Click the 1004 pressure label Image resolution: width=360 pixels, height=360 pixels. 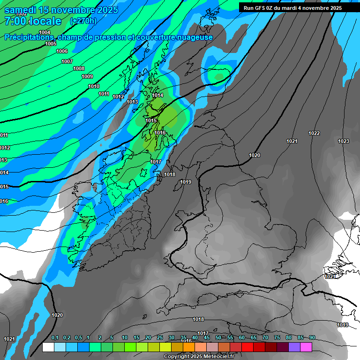[x=45, y=32]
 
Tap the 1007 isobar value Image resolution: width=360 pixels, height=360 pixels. [x=67, y=61]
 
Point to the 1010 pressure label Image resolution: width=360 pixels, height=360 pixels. [x=94, y=86]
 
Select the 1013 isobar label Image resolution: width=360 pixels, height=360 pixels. [x=132, y=102]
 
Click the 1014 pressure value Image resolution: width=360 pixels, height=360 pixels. [x=157, y=95]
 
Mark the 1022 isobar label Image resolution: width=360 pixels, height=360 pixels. [x=314, y=133]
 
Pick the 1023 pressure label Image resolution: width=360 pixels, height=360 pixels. [x=344, y=141]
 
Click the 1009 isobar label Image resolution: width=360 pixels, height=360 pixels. [x=87, y=76]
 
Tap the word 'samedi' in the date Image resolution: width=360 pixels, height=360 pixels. [x=23, y=10]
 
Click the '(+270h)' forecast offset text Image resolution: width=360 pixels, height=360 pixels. [x=83, y=21]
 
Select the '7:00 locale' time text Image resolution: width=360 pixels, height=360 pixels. [x=33, y=21]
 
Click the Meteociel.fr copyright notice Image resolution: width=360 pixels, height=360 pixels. [x=199, y=356]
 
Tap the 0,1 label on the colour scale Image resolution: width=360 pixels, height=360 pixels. [x=55, y=338]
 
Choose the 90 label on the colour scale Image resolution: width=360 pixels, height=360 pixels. [x=312, y=338]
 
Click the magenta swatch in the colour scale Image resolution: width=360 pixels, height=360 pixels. [x=306, y=347]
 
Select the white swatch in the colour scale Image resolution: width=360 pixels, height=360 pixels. [x=48, y=347]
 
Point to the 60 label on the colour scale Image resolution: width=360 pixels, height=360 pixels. [x=242, y=338]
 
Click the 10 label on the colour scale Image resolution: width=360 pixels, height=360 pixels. [x=125, y=338]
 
